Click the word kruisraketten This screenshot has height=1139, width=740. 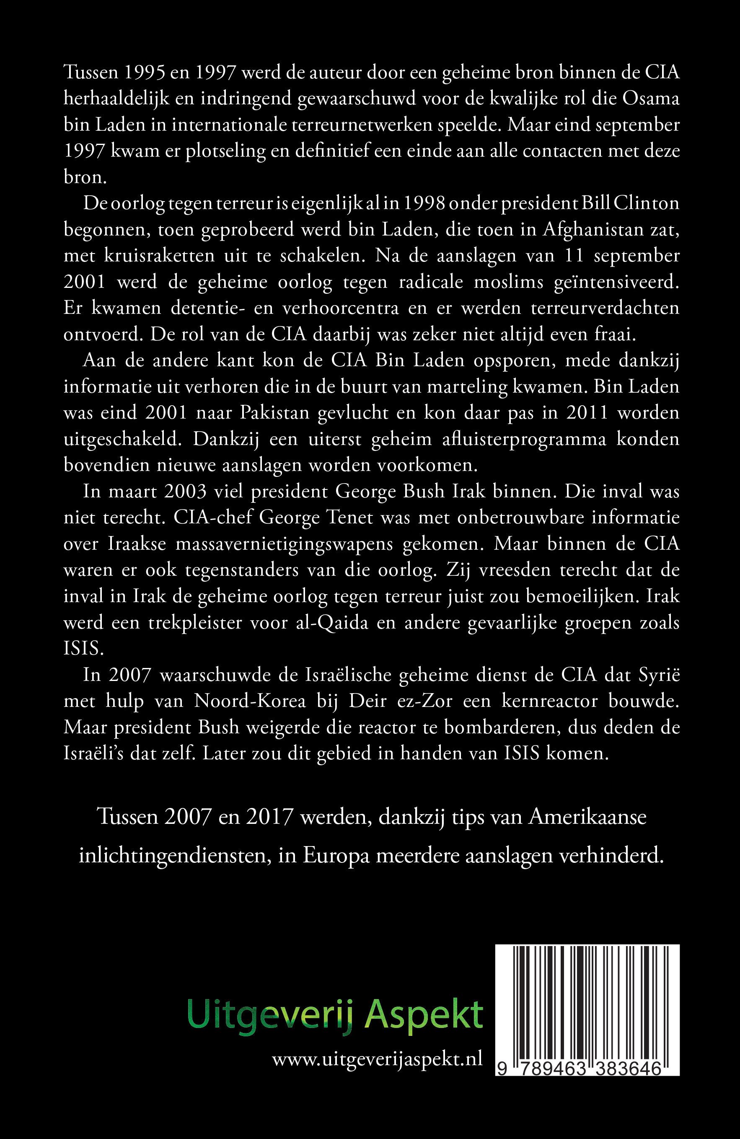pos(160,256)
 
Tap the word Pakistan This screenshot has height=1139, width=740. pos(275,412)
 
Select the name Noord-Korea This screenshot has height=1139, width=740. pos(250,701)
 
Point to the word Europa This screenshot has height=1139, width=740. pos(336,855)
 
